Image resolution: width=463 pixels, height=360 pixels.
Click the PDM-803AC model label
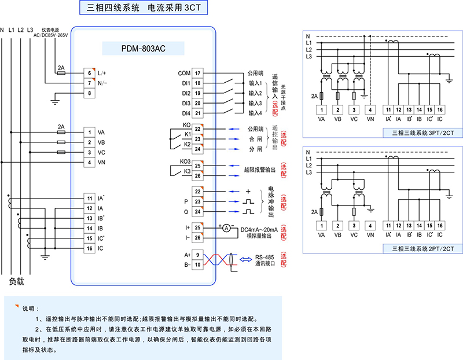click(x=142, y=49)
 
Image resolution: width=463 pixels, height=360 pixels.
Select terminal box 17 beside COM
click(x=198, y=74)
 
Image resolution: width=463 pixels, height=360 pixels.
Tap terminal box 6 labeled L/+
click(x=89, y=73)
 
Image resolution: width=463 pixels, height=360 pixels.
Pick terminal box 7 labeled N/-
click(x=89, y=83)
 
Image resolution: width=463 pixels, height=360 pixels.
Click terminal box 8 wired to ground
click(x=89, y=94)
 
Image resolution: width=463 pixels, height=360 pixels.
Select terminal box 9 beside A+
click(x=198, y=255)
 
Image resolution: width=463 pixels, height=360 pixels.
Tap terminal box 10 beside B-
click(x=198, y=265)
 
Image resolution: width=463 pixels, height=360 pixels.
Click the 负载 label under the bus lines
click(x=17, y=282)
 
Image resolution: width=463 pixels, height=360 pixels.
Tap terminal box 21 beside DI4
click(x=198, y=113)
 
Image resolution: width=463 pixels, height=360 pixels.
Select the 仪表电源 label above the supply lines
click(x=50, y=29)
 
